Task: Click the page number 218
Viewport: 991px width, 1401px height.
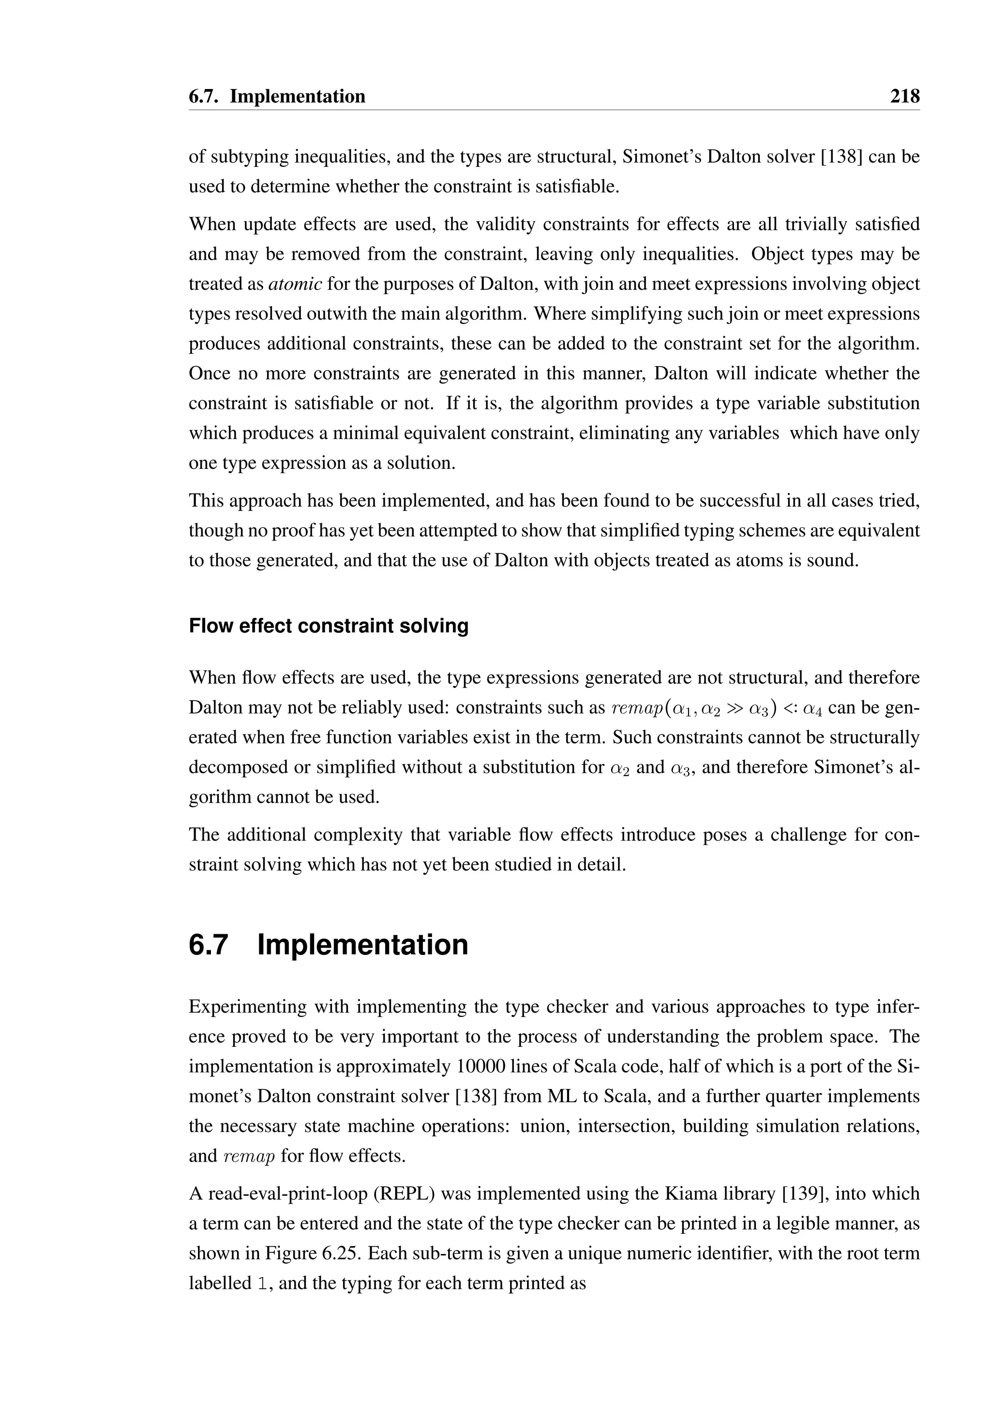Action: point(904,96)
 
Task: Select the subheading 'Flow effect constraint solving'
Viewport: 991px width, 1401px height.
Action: point(328,626)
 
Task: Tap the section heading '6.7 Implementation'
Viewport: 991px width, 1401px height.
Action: point(328,945)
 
